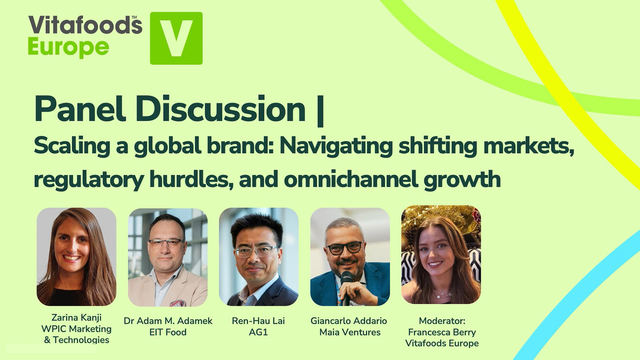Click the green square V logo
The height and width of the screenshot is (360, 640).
click(x=176, y=38)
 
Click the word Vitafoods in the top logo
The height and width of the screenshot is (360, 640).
click(x=85, y=26)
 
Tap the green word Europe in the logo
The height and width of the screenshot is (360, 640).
click(x=68, y=47)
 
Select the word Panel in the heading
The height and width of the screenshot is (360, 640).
click(x=80, y=109)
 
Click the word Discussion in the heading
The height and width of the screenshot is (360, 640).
click(x=220, y=109)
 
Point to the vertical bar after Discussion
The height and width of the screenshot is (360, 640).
click(x=320, y=110)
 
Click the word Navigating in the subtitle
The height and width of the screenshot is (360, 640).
click(x=336, y=146)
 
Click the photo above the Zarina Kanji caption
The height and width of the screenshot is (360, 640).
click(x=76, y=257)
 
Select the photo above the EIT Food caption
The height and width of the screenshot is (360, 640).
click(x=168, y=257)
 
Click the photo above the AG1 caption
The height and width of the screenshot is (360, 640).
click(x=258, y=257)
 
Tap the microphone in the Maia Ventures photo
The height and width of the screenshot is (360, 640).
click(x=346, y=284)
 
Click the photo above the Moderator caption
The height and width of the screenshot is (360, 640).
click(x=441, y=254)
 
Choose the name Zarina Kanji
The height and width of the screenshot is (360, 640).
click(x=76, y=317)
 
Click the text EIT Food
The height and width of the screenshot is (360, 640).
click(x=168, y=332)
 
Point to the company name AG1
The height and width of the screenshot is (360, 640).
click(x=258, y=332)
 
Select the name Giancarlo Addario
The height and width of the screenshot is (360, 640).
click(x=348, y=321)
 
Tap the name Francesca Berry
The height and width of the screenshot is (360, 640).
click(x=442, y=332)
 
